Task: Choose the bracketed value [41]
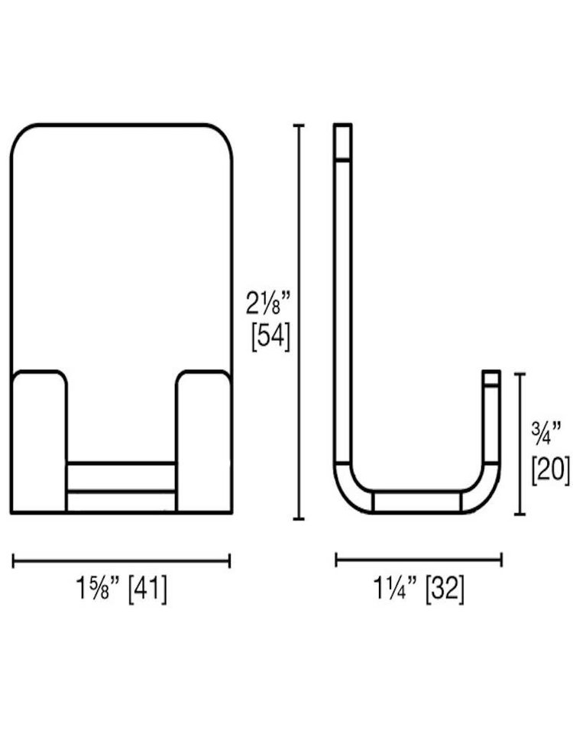[147, 589]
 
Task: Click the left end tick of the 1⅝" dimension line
[13, 561]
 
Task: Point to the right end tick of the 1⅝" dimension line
[230, 561]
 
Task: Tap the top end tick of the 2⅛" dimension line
[299, 125]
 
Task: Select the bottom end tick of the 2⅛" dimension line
[299, 519]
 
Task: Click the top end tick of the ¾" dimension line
[520, 373]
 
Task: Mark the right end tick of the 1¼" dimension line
[501, 560]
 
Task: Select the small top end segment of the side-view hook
[342, 141]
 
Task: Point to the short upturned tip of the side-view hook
[490, 377]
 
